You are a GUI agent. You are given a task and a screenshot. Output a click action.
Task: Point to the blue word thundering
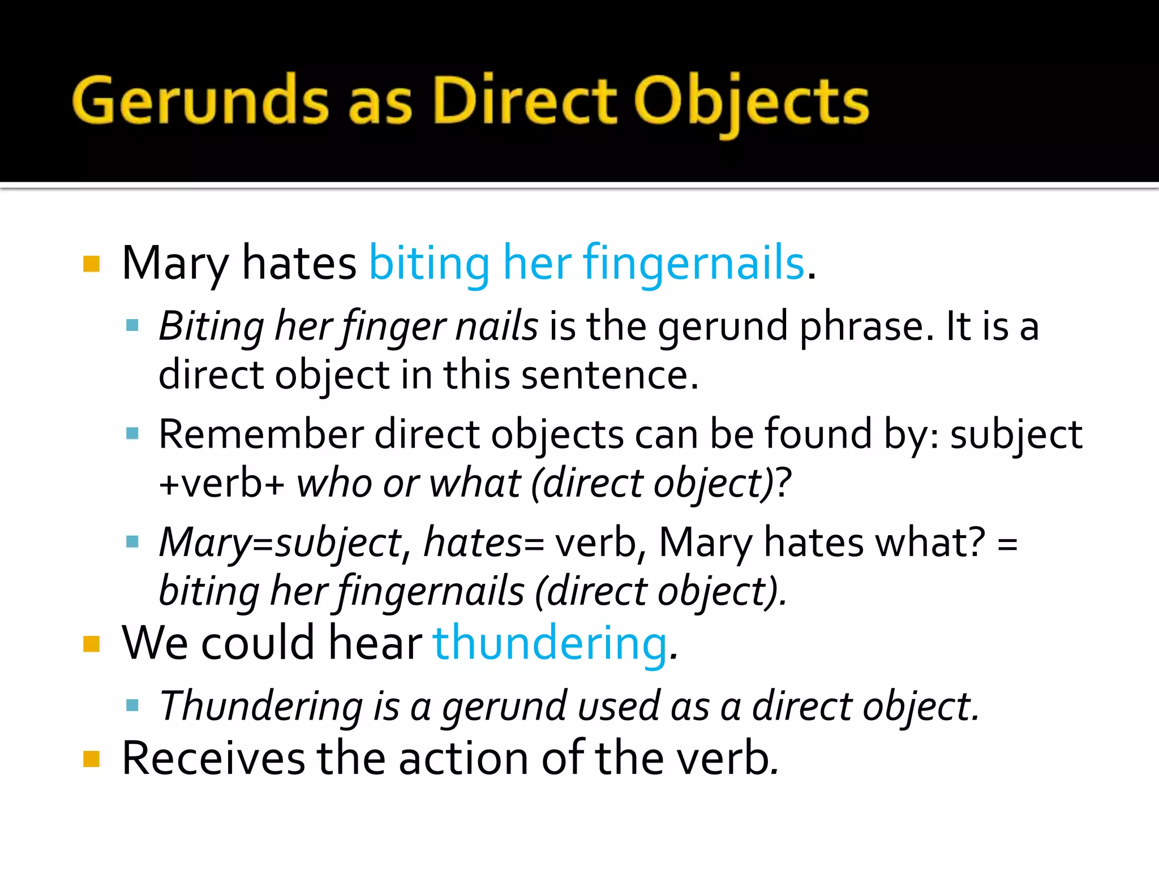click(x=550, y=643)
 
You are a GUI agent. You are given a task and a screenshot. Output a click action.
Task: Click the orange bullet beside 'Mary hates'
click(x=92, y=264)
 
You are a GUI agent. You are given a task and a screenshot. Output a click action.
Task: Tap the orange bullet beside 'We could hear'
click(x=92, y=644)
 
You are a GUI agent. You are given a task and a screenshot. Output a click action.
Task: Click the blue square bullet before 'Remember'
click(x=132, y=434)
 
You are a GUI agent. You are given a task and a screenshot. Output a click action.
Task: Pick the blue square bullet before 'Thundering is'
click(x=132, y=705)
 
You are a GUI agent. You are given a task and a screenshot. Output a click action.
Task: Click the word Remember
click(x=261, y=434)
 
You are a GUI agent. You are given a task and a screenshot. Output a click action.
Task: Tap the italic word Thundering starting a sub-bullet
click(x=261, y=706)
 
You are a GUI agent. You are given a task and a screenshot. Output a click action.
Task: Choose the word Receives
click(x=213, y=758)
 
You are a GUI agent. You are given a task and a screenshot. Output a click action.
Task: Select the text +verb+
click(x=221, y=484)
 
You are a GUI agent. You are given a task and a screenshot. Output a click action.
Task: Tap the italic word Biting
click(x=211, y=327)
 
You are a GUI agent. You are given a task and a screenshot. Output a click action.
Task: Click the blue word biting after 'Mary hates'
click(x=429, y=263)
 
